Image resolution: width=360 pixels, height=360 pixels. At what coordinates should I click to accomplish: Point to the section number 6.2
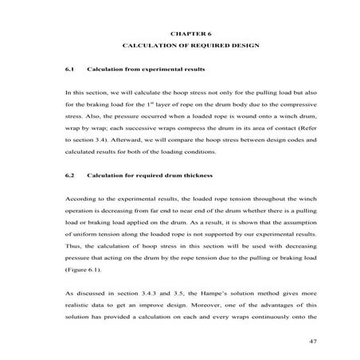68,174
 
